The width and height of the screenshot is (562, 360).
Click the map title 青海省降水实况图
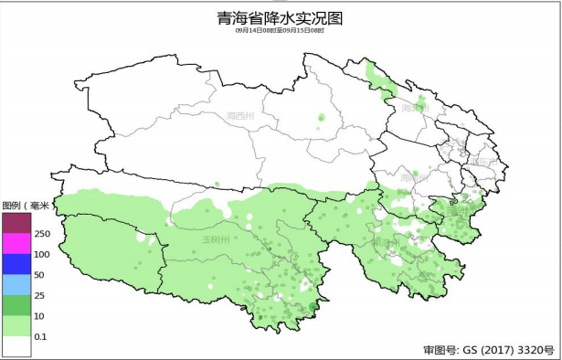[x=281, y=17]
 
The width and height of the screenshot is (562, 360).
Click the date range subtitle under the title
[x=281, y=30]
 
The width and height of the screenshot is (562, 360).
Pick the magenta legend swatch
[x=16, y=243]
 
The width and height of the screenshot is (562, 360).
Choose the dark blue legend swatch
[x=16, y=264]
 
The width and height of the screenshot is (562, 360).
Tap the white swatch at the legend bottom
[x=16, y=345]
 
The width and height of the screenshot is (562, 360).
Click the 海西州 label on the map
[x=239, y=116]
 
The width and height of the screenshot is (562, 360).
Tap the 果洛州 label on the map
[x=384, y=242]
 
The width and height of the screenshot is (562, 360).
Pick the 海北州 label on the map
[x=414, y=108]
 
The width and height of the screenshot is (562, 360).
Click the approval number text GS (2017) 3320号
[x=489, y=350]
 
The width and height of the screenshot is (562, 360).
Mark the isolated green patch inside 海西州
[x=322, y=117]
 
